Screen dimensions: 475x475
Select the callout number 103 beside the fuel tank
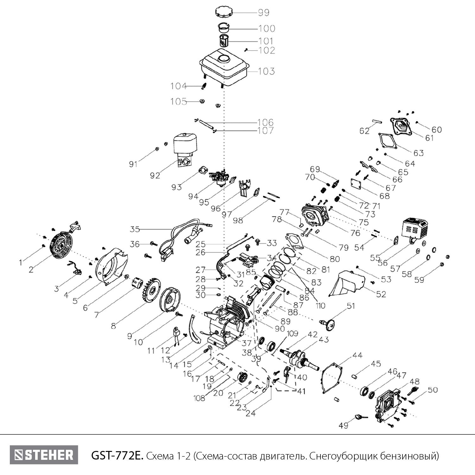(x=266, y=71)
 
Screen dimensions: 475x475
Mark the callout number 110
(x=320, y=306)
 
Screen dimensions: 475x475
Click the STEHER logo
(x=44, y=455)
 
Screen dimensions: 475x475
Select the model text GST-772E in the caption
(x=117, y=456)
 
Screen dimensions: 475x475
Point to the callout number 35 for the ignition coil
(x=135, y=229)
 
